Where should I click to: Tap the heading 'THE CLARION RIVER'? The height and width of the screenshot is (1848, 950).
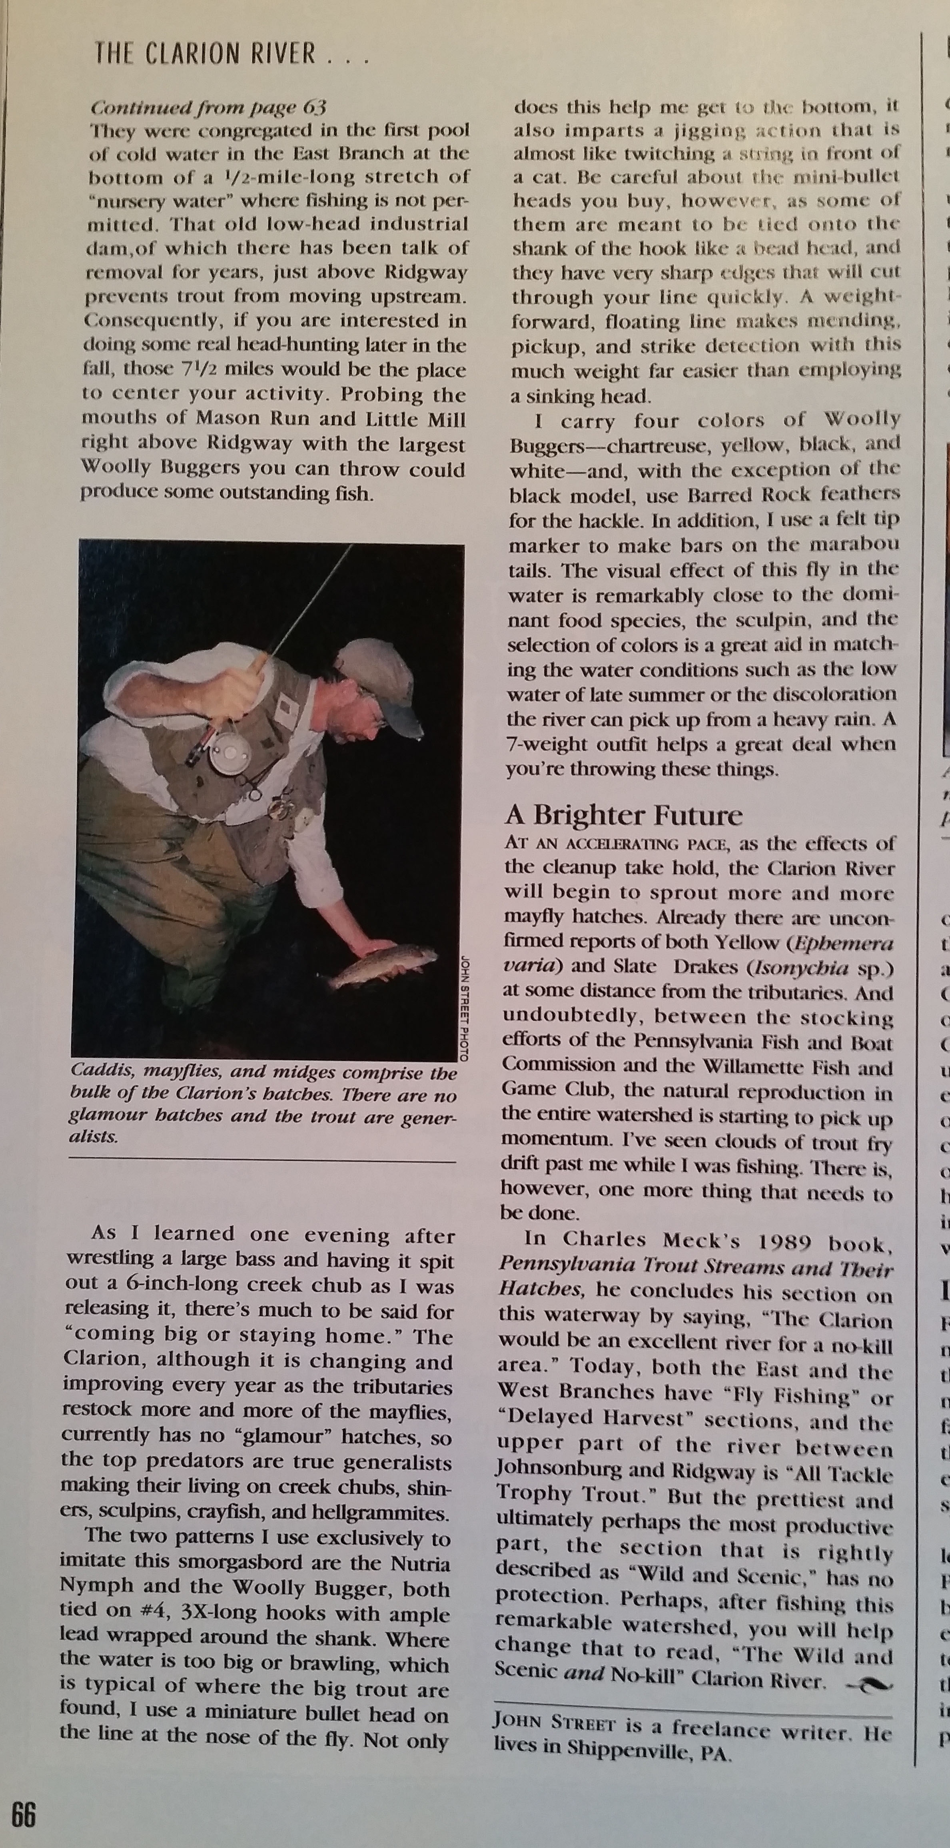[204, 54]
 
